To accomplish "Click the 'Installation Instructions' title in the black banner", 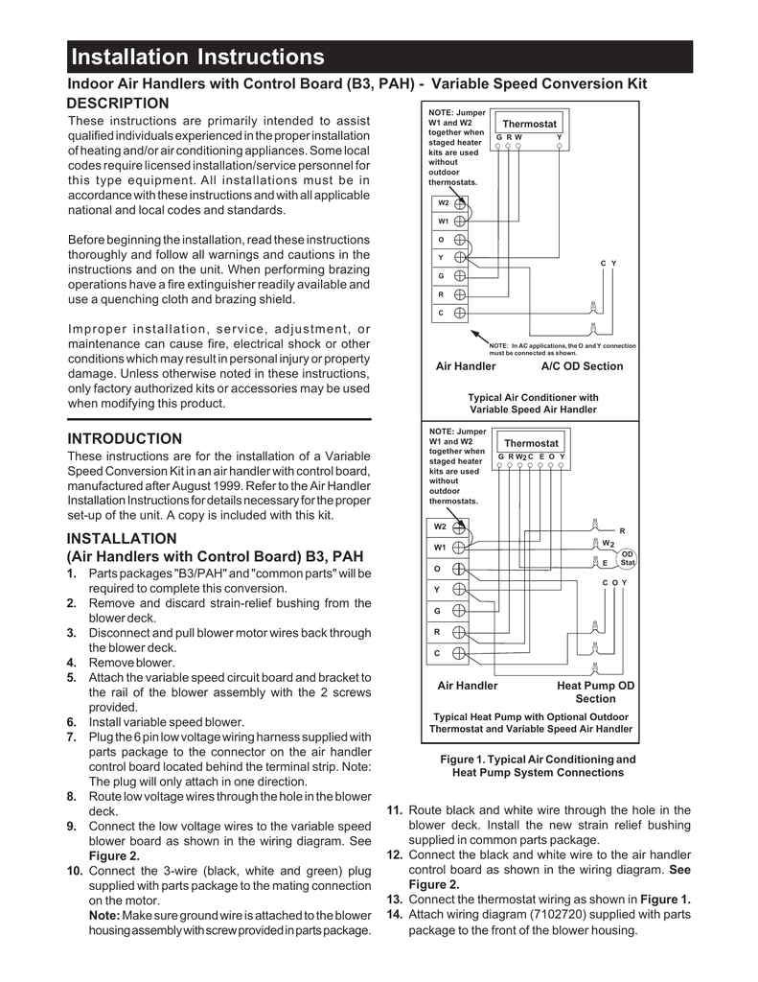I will tap(198, 58).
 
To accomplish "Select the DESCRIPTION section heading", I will tap(118, 103).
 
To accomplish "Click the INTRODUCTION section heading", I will tap(125, 438).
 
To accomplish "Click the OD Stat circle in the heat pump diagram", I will tap(628, 558).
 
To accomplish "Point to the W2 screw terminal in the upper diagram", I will tap(460, 203).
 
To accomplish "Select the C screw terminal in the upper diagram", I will tap(460, 313).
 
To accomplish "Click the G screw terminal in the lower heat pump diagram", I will tap(459, 611).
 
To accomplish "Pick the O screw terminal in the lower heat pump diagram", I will tap(459, 569).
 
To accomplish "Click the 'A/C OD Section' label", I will tap(582, 366).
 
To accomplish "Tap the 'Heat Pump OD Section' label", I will tap(595, 692).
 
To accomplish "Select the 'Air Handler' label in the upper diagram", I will tap(466, 366).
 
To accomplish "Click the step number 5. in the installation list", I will tap(72, 677).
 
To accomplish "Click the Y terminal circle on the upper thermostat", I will tap(559, 147).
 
